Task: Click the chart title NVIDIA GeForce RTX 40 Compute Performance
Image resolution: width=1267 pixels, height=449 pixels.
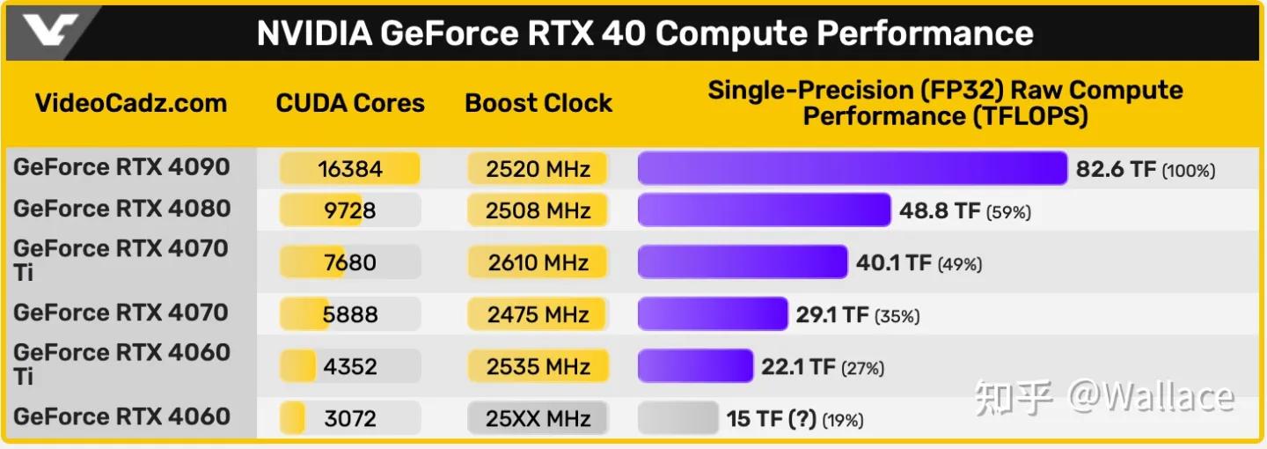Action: pos(644,33)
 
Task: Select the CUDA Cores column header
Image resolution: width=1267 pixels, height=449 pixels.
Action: pos(350,103)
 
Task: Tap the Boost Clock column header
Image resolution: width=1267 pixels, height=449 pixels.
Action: pos(538,103)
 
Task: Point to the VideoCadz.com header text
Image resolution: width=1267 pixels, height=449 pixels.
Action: pos(131,103)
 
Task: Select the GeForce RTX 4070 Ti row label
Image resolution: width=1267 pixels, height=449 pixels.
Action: pos(121,261)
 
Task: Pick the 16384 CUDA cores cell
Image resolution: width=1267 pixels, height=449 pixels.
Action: pos(350,168)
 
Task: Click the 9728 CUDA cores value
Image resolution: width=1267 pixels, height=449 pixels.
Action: pos(350,210)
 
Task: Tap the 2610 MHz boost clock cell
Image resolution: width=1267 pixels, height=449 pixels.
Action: pos(538,262)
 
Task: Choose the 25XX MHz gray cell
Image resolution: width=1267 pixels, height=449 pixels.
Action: pos(538,418)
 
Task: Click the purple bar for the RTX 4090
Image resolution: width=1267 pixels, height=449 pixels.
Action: pos(852,168)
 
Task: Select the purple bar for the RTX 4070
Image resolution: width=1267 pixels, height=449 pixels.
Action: pos(712,314)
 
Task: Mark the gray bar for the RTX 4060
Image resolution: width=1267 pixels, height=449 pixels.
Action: pos(677,418)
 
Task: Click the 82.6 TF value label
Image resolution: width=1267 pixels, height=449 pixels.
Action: pos(1116,169)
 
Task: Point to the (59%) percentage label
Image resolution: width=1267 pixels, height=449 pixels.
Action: pos(1008,212)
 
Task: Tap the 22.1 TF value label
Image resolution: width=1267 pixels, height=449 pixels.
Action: pos(798,367)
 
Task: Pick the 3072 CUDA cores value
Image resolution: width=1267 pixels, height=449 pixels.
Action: pos(350,418)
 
